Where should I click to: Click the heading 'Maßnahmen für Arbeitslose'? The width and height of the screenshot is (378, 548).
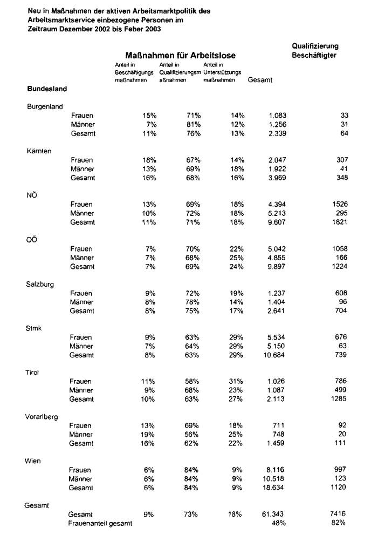pos(180,56)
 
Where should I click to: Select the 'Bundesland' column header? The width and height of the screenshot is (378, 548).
pos(47,89)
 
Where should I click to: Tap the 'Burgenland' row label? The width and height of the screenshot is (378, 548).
pos(45,106)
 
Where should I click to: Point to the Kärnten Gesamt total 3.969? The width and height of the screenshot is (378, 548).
pos(277,178)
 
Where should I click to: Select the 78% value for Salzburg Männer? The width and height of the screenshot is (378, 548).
pos(193,302)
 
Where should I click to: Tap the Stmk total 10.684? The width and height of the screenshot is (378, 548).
pos(275,355)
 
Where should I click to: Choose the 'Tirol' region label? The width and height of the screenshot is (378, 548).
pos(33,373)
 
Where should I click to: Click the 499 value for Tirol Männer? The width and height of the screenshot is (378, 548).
pos(342,390)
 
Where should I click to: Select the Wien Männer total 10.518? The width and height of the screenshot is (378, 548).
pos(274,479)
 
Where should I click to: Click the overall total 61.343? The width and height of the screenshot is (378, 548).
pos(273,515)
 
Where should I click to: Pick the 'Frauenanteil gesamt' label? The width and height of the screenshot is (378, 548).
pos(100,523)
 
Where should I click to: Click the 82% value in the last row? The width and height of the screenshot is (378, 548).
pos(339,523)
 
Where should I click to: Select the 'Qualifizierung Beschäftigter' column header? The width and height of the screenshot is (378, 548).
pos(315,51)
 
